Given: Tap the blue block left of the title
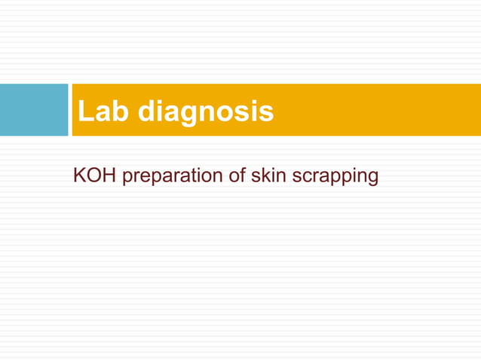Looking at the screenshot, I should pos(34,110).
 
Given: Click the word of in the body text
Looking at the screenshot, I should pos(234,176).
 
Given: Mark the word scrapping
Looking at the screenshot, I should pos(335,178).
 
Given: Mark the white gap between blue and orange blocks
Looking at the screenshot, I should pos(69,110).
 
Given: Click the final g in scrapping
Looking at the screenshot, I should pos(371,179).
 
